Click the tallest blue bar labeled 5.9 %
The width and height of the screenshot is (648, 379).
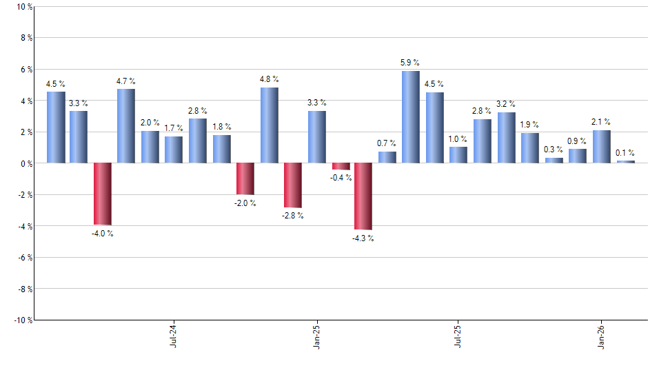coord(410,117)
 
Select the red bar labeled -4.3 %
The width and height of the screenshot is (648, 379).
coord(363,196)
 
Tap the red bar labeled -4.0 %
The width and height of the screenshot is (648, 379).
coord(103,194)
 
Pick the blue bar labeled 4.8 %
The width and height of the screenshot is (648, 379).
coord(269,125)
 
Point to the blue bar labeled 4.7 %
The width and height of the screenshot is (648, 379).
coord(126,126)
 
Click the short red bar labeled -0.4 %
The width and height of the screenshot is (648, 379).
coord(341,166)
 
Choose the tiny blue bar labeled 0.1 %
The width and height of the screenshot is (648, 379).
coord(625,162)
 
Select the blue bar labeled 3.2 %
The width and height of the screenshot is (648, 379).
coord(506,138)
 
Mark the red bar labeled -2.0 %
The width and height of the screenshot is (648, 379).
coord(245,178)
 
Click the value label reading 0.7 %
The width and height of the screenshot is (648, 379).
coord(386,143)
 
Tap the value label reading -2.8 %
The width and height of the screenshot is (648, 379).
coord(293,216)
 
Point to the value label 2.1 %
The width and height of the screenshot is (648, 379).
coord(601,122)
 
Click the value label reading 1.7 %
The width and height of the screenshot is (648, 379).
coord(174,128)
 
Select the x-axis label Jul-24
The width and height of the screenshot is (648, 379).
coord(172,335)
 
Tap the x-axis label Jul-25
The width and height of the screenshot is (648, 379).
coord(458,335)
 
